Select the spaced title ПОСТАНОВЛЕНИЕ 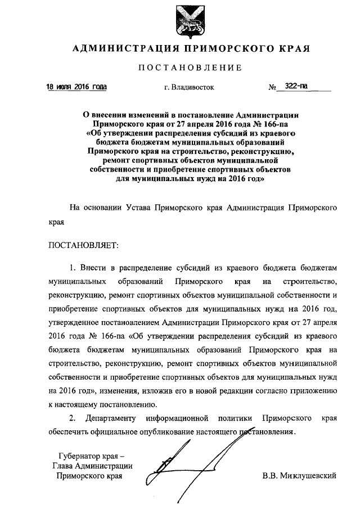click(x=191, y=68)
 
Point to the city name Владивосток click(x=194, y=88)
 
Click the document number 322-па click(x=296, y=87)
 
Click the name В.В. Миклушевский click(x=299, y=476)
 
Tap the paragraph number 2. click(x=71, y=419)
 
